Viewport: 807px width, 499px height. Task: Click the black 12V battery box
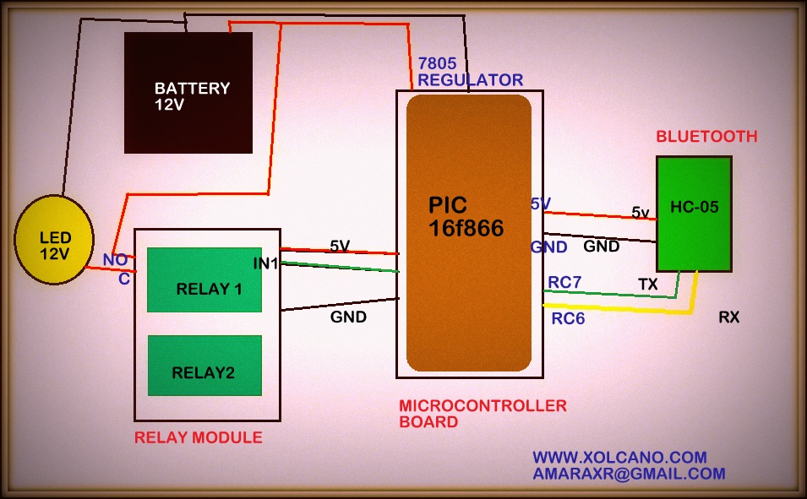188,93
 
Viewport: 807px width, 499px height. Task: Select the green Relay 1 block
204,280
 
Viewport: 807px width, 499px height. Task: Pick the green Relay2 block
204,366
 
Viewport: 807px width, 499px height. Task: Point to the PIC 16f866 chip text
466,216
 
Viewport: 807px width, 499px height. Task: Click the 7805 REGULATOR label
470,72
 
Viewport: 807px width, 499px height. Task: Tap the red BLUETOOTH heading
706,136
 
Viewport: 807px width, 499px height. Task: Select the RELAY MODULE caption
199,437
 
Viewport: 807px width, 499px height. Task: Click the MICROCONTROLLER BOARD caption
482,414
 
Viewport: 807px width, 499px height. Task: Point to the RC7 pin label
564,282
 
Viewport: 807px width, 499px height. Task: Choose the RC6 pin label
568,318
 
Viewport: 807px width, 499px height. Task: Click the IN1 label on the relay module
266,263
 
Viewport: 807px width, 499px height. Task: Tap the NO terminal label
115,259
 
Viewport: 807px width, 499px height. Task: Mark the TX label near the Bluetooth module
648,285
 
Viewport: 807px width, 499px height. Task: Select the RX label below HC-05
729,317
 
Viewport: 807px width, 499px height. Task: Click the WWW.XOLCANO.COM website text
619,457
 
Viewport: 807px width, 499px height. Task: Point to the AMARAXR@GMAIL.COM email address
629,474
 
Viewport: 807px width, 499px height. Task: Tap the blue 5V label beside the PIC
541,203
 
